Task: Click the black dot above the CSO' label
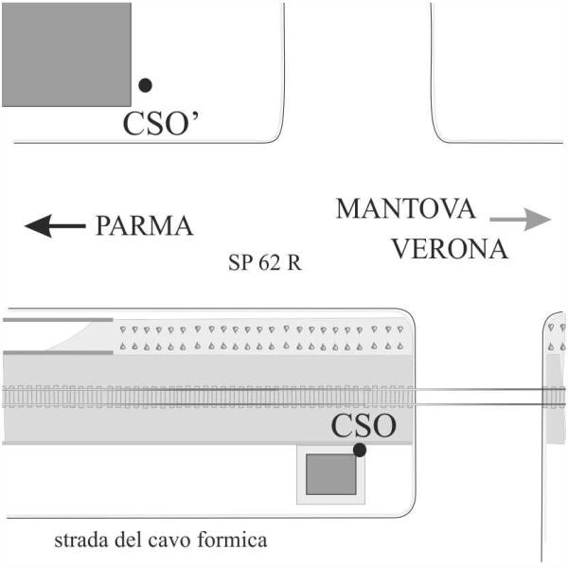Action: tap(145, 85)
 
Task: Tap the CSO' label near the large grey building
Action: tap(161, 123)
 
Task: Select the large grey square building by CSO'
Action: tap(66, 55)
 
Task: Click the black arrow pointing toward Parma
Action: tap(55, 226)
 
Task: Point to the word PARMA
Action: tap(144, 226)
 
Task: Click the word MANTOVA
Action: tap(406, 208)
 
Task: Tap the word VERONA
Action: tap(451, 249)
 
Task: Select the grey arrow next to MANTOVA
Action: tap(520, 220)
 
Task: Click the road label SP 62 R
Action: tap(265, 262)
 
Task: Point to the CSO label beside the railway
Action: tap(364, 426)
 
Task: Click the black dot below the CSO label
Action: tap(360, 450)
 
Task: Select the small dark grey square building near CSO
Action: tap(331, 474)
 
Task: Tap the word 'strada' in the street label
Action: tap(81, 540)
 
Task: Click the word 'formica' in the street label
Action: tap(233, 540)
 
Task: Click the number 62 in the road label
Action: tap(270, 262)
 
